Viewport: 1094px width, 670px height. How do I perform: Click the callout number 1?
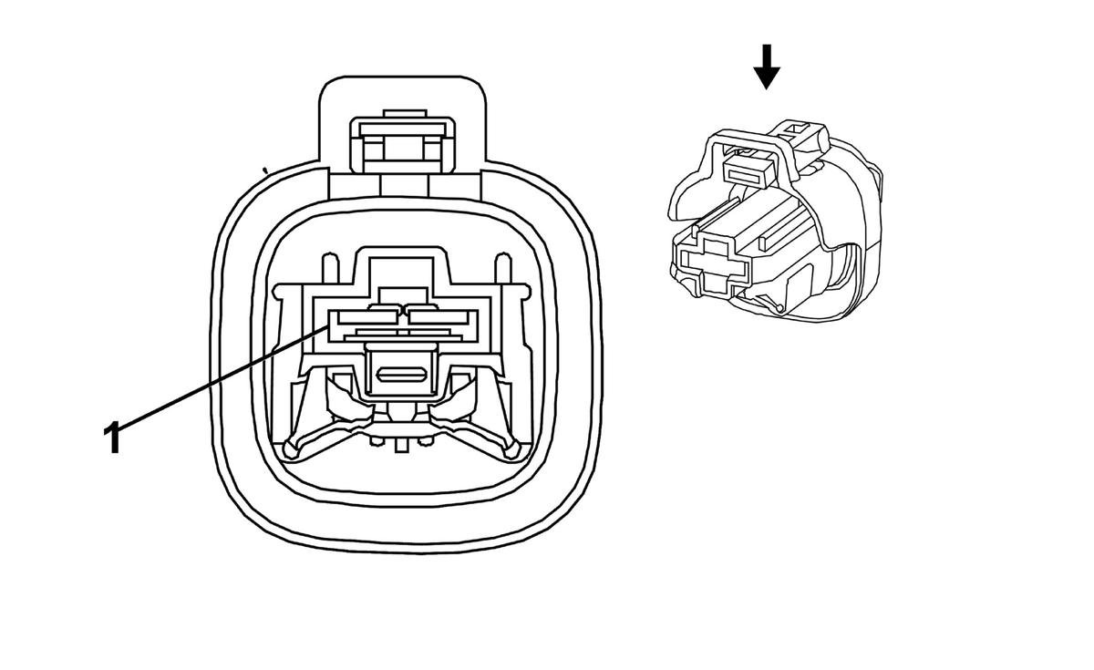[x=112, y=438]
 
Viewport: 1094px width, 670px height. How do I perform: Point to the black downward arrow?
[x=767, y=67]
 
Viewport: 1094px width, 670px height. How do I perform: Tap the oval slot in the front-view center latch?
[x=399, y=375]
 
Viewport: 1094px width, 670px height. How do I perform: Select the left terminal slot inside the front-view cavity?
[x=364, y=316]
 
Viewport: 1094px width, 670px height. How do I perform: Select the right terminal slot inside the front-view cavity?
[x=439, y=316]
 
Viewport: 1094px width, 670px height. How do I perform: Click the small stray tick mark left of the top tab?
[x=264, y=169]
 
